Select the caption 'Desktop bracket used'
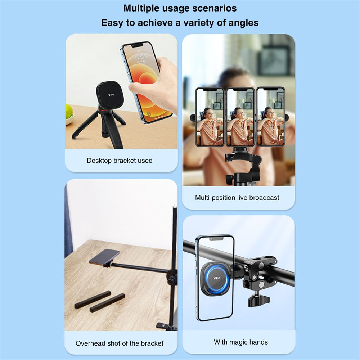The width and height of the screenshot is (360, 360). click(x=120, y=161)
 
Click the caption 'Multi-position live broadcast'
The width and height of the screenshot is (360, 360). click(x=237, y=198)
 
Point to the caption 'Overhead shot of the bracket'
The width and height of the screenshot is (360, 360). click(x=120, y=343)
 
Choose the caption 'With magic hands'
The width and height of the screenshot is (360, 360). click(x=240, y=342)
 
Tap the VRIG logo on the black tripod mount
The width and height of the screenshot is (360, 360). click(x=111, y=95)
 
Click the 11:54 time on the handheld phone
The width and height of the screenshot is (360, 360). click(x=140, y=57)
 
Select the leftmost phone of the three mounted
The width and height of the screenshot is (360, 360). click(x=210, y=117)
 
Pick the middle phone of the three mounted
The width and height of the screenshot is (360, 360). click(x=240, y=117)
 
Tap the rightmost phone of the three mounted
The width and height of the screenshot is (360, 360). click(x=271, y=117)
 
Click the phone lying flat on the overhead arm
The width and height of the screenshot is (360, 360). click(x=105, y=256)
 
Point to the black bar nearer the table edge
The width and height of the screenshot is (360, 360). click(x=107, y=302)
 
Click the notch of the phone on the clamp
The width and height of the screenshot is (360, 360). click(x=215, y=238)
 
